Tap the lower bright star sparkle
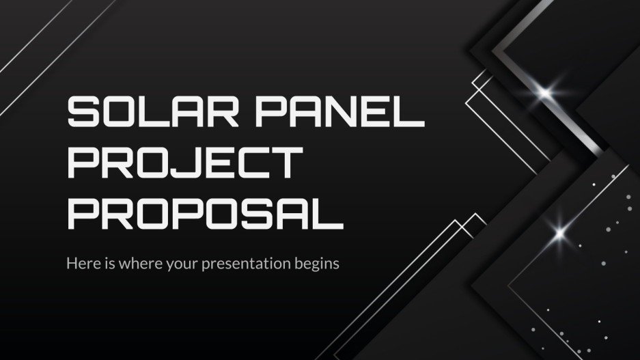coord(560,233)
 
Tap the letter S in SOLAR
coord(84,112)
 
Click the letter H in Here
coord(72,263)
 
